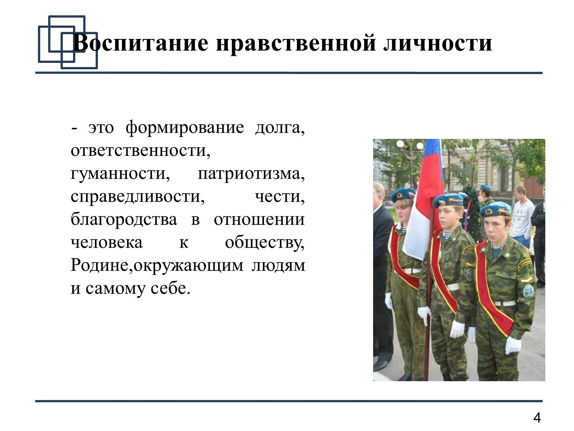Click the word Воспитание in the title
coord(140,43)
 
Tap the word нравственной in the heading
coord(296,43)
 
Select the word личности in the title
coord(438,43)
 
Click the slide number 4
coord(537,418)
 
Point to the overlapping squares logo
coord(68,42)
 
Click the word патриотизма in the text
coord(251,174)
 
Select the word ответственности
coord(140,151)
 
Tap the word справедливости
coord(137,197)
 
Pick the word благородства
coord(124,220)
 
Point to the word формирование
coord(185,128)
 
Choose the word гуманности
coord(120,174)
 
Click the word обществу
coord(265,243)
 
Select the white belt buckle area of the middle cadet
coord(453,287)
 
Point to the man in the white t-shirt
coord(522,217)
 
